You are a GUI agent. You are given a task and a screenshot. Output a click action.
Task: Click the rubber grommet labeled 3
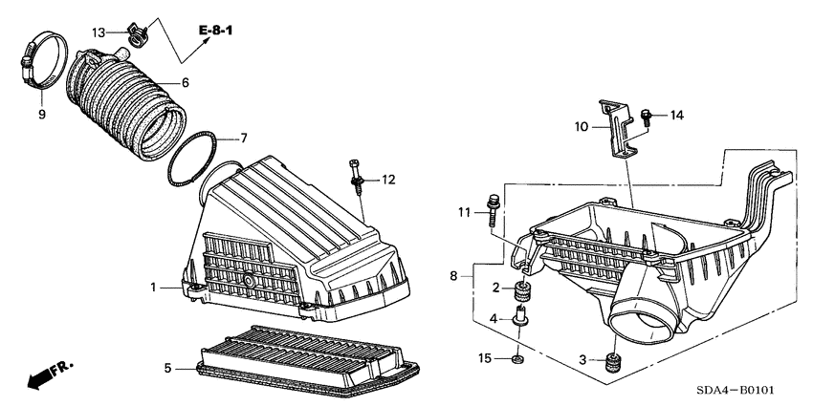click(x=611, y=363)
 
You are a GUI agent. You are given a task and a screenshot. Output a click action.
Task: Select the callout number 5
click(x=166, y=367)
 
